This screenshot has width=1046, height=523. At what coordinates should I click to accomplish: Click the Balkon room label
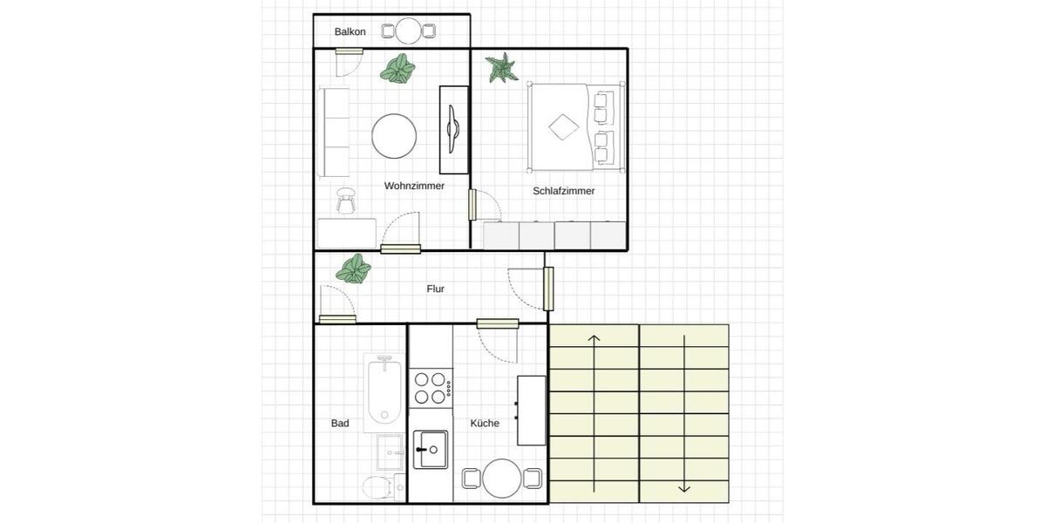350,32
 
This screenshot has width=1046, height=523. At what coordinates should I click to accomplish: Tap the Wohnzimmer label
414,186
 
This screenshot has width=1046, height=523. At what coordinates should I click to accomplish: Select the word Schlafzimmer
564,191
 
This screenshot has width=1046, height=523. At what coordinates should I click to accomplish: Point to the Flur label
436,289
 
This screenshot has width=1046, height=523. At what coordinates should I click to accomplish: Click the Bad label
340,424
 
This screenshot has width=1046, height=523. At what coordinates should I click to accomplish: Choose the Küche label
485,424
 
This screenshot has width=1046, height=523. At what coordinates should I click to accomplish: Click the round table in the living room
394,136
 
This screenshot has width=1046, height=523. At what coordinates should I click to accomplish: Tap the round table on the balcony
409,31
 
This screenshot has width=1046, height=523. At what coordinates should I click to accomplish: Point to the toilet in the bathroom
378,487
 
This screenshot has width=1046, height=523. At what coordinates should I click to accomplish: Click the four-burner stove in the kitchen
431,388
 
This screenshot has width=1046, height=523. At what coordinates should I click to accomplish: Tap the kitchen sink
430,450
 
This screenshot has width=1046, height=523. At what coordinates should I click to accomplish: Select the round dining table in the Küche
502,479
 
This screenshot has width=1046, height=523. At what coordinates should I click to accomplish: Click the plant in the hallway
353,268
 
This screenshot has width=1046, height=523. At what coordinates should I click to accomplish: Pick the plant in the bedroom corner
501,67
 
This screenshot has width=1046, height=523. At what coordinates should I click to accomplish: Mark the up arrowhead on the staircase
594,338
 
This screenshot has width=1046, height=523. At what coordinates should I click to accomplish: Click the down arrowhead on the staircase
684,487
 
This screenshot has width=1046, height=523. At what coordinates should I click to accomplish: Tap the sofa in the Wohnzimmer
334,132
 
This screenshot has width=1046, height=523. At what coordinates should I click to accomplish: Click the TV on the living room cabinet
452,130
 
